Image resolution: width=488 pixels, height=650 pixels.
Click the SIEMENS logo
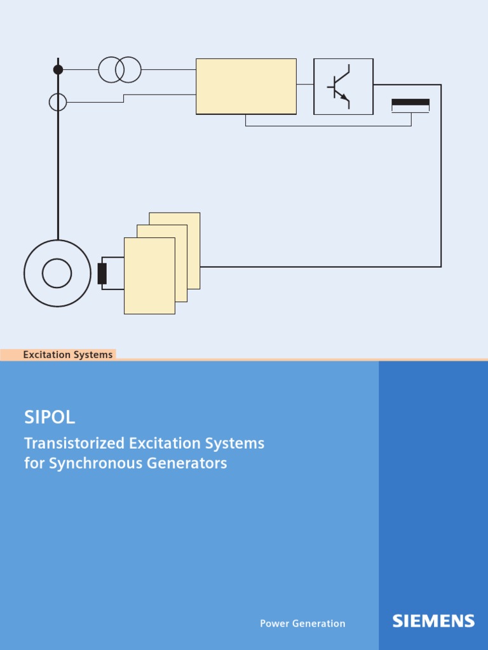[433, 621]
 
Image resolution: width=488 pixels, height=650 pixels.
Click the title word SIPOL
[50, 417]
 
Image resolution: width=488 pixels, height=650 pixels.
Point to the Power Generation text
[302, 623]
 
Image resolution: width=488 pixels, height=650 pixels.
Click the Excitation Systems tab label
[67, 355]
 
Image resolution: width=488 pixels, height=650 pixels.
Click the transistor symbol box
[343, 86]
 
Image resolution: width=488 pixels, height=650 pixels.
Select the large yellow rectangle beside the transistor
[246, 86]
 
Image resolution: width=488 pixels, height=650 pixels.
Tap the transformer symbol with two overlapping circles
[119, 69]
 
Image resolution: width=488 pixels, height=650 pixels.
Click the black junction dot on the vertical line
[58, 69]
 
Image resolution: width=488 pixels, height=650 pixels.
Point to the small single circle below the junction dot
[58, 102]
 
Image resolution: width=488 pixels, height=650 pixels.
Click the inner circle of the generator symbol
[57, 273]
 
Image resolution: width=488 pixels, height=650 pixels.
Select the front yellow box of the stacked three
[149, 275]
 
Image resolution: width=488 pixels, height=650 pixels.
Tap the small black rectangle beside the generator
[102, 273]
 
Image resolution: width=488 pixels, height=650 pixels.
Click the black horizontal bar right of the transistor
[410, 102]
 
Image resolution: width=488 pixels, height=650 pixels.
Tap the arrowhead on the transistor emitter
[345, 97]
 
